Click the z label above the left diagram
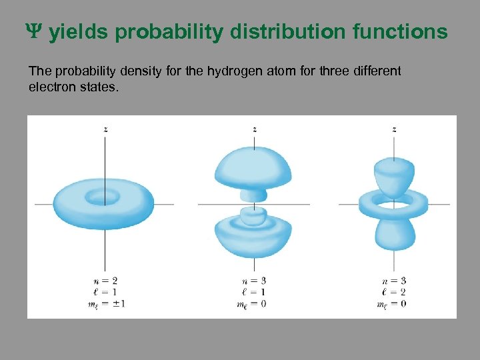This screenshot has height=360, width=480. [x=105, y=129]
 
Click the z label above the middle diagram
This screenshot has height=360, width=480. [x=255, y=129]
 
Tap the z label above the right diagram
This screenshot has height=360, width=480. [x=394, y=129]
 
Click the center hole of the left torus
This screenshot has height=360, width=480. [x=103, y=197]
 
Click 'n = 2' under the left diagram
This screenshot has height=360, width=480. [x=105, y=281]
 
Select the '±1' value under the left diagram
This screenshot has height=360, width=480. [x=119, y=303]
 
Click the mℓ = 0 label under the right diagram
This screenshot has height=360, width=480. [x=393, y=304]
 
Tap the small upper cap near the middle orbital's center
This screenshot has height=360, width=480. [x=253, y=194]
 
